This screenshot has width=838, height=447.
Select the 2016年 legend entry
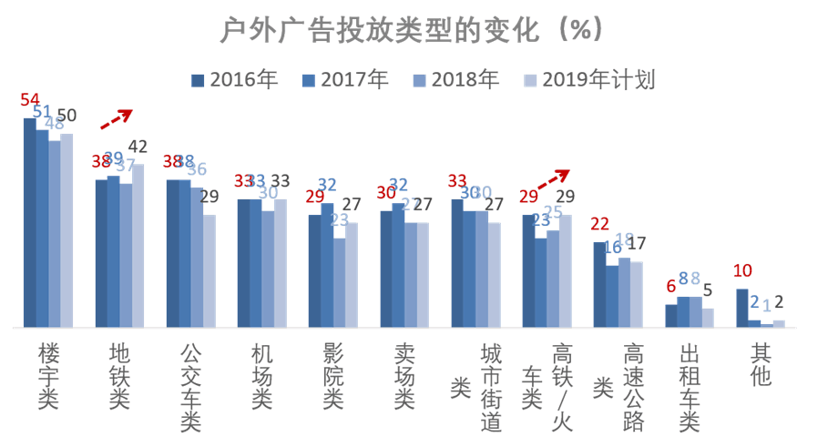tap(234, 79)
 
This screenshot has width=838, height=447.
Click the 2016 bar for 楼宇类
tap(30, 222)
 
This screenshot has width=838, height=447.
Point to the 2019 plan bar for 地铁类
tap(138, 245)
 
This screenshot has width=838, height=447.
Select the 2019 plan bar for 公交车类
tap(209, 270)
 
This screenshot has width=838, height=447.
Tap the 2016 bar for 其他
tap(742, 308)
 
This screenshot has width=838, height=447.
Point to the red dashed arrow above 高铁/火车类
tap(553, 178)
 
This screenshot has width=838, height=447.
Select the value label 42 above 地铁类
tap(138, 147)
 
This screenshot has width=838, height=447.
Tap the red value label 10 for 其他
tap(744, 271)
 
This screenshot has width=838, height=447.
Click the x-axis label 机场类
tap(262, 375)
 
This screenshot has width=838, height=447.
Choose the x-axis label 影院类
tap(334, 375)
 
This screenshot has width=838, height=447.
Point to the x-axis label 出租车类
tap(690, 386)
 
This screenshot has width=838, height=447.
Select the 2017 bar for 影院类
tap(327, 264)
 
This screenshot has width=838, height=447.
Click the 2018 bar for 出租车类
tap(696, 311)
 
